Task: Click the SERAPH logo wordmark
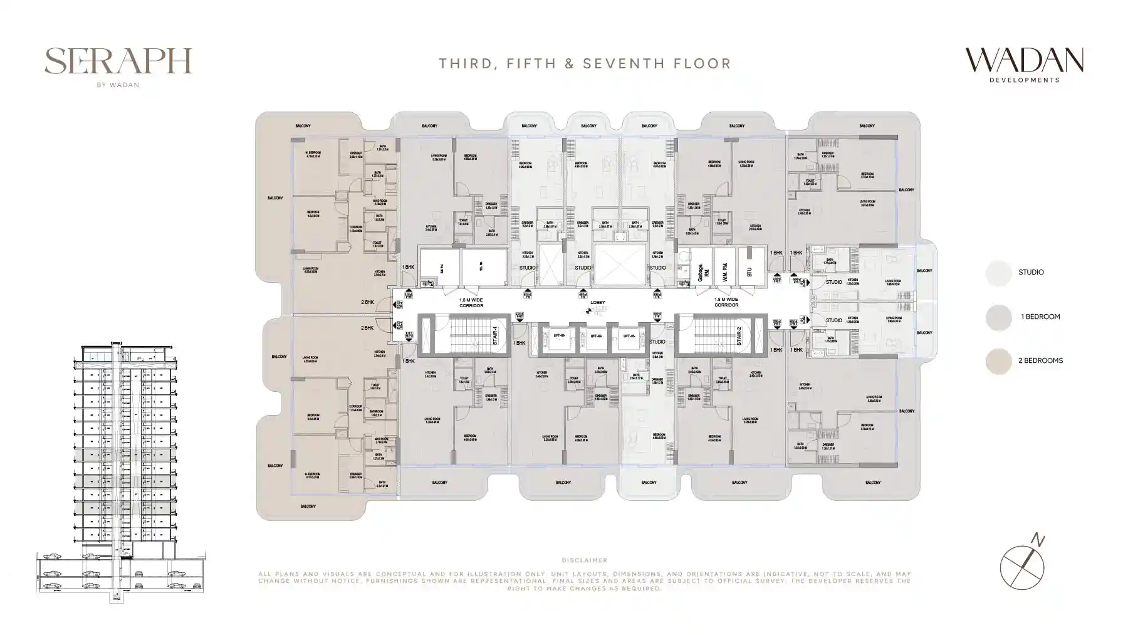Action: [x=118, y=61]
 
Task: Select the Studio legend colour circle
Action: [x=998, y=273]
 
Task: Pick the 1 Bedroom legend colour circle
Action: [x=998, y=317]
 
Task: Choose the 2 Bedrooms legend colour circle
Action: [x=998, y=361]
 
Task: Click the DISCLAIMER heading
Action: [x=585, y=560]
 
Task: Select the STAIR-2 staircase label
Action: [x=739, y=335]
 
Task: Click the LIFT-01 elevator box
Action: [x=559, y=337]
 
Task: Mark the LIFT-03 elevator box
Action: [x=629, y=337]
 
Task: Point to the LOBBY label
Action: [x=597, y=303]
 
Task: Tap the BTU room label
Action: [x=749, y=272]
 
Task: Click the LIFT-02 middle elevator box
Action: [x=595, y=337]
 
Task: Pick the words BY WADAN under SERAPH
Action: [x=118, y=85]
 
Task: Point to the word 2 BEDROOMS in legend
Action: [x=1040, y=361]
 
